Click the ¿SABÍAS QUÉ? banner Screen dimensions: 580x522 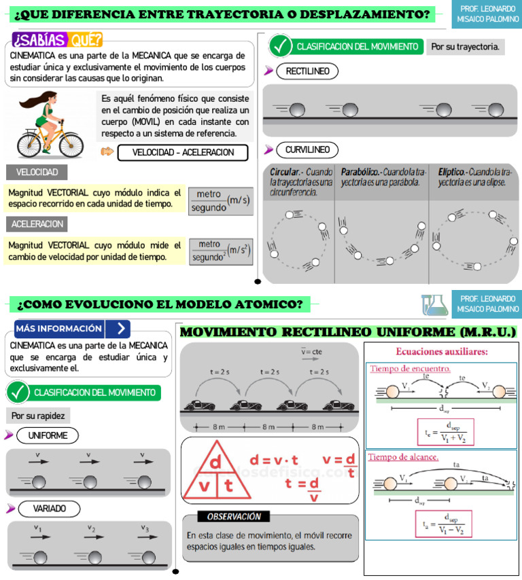[58, 40]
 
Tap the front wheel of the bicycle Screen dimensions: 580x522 [71, 143]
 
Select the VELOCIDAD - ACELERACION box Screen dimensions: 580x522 [183, 153]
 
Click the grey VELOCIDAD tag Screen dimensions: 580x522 [37, 173]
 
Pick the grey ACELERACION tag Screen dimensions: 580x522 [37, 224]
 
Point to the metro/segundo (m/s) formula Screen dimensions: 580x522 [220, 200]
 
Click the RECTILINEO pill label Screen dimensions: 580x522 [307, 71]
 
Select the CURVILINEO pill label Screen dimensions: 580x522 [307, 150]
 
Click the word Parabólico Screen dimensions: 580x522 [361, 173]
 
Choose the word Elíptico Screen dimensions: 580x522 [451, 173]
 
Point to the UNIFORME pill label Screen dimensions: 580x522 [48, 435]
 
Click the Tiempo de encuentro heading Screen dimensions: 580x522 [411, 369]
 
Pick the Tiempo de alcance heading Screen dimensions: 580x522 [404, 457]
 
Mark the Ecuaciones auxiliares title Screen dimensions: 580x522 [442, 352]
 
